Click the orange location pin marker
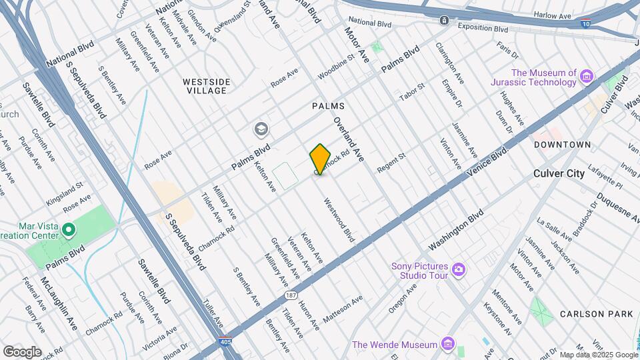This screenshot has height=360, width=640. (320, 159)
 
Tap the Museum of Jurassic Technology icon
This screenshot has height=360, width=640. (587, 77)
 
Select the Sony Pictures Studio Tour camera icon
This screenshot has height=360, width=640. (458, 269)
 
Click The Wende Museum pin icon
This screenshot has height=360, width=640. (449, 345)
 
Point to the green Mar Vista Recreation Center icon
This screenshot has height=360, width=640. (69, 230)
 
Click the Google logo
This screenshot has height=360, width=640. (22, 351)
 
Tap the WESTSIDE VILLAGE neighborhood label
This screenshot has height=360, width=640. (207, 86)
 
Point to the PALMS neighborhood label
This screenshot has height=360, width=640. (328, 106)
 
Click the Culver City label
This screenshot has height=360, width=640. (559, 173)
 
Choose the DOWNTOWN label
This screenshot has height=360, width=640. (562, 145)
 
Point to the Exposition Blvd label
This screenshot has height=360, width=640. (483, 28)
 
